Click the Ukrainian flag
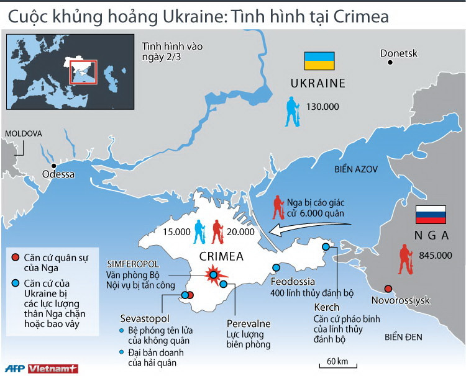pos(319,61)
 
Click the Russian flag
pos(431,215)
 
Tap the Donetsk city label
pos(398,53)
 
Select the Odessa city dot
pos(55,165)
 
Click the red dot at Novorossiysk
pos(388,289)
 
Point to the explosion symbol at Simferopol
pos(213,274)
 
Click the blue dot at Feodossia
pos(276,268)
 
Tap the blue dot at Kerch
pos(325,248)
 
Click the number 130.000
pos(322,107)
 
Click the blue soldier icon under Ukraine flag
pos(292,112)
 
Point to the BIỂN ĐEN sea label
pos(403,337)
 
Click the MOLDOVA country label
pos(23,133)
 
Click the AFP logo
pos(13,369)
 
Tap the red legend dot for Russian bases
pos(15,257)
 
